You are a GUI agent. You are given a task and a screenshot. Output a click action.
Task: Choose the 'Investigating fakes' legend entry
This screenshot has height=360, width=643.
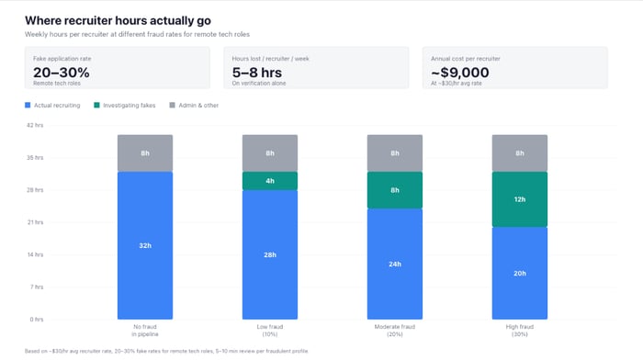(x=124, y=106)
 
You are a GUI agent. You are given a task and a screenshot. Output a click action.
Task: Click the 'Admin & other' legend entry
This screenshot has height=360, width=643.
(x=195, y=106)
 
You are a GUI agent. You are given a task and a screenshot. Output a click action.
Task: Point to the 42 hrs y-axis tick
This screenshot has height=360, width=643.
(x=34, y=125)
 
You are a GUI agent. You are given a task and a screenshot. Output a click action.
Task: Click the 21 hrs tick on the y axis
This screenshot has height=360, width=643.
(x=34, y=222)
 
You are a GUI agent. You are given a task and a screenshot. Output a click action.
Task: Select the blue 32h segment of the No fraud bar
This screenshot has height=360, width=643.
(x=145, y=245)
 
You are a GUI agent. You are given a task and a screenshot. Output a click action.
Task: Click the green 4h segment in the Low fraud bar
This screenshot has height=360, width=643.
(x=270, y=181)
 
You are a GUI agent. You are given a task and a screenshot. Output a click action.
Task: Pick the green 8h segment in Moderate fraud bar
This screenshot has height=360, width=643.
(x=395, y=190)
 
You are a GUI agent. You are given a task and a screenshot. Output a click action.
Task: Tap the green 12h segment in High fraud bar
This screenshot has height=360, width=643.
(x=520, y=199)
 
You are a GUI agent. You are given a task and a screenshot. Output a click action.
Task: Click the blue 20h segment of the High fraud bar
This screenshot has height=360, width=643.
(x=520, y=273)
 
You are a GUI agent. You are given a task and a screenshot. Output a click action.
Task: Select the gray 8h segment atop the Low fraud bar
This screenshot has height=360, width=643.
(x=270, y=153)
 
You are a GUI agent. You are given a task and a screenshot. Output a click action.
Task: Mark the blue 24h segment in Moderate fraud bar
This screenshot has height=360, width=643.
(x=395, y=264)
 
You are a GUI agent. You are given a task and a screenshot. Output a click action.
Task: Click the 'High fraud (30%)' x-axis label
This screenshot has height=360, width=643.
(x=520, y=331)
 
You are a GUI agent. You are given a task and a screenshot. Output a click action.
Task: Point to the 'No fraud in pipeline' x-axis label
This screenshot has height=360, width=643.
(x=145, y=331)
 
